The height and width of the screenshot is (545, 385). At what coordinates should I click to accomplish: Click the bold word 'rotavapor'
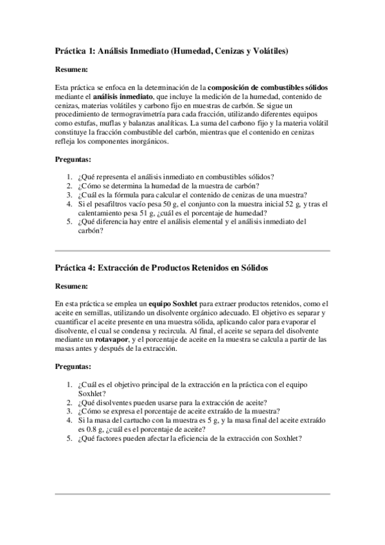point(107,340)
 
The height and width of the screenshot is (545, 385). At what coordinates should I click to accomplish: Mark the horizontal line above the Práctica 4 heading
point(192,250)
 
